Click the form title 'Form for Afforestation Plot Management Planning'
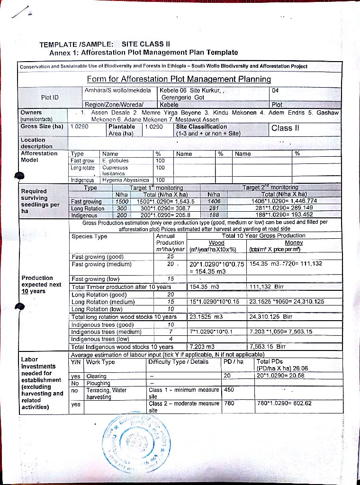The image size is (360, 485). pyautogui.click(x=179, y=79)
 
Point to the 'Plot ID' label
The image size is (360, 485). pyautogui.click(x=50, y=97)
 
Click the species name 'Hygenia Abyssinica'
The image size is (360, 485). pyautogui.click(x=125, y=180)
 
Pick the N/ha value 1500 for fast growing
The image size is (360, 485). pyautogui.click(x=122, y=201)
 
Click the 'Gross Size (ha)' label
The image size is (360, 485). pyautogui.click(x=42, y=126)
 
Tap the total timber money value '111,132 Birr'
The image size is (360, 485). pyautogui.click(x=266, y=287)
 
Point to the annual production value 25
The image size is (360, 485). pyautogui.click(x=171, y=257)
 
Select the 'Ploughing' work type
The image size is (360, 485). pyautogui.click(x=99, y=383)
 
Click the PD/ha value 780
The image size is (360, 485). pyautogui.click(x=229, y=404)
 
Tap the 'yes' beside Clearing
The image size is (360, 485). pyautogui.click(x=76, y=376)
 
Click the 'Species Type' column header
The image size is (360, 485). pyautogui.click(x=90, y=236)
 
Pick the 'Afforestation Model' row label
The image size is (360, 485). pyautogui.click(x=39, y=157)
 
